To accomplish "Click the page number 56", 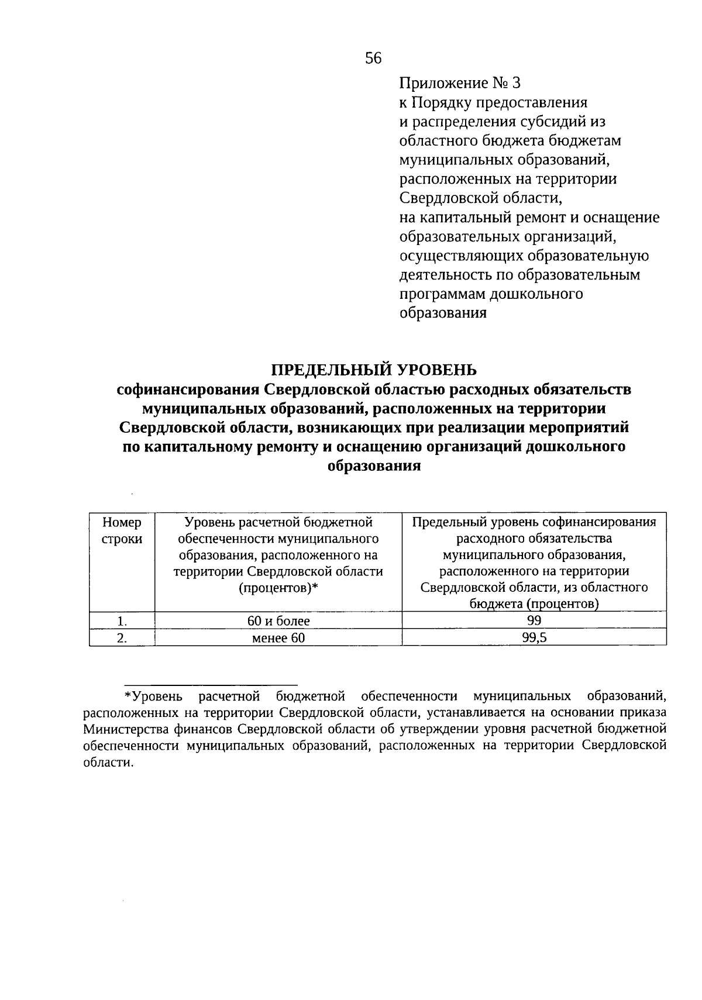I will [x=373, y=58].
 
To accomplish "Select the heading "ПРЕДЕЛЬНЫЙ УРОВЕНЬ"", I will [x=374, y=370].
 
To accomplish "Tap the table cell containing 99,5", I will [x=534, y=638].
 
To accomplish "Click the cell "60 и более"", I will [x=278, y=620].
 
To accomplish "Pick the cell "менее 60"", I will [x=278, y=638].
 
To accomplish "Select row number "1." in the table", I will [x=122, y=621].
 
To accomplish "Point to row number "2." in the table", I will [x=122, y=639].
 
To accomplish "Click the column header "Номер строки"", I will [x=122, y=530].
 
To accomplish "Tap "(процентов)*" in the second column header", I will [x=278, y=588].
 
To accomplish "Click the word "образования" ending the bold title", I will [x=374, y=466].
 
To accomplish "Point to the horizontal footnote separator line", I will [x=211, y=685].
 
